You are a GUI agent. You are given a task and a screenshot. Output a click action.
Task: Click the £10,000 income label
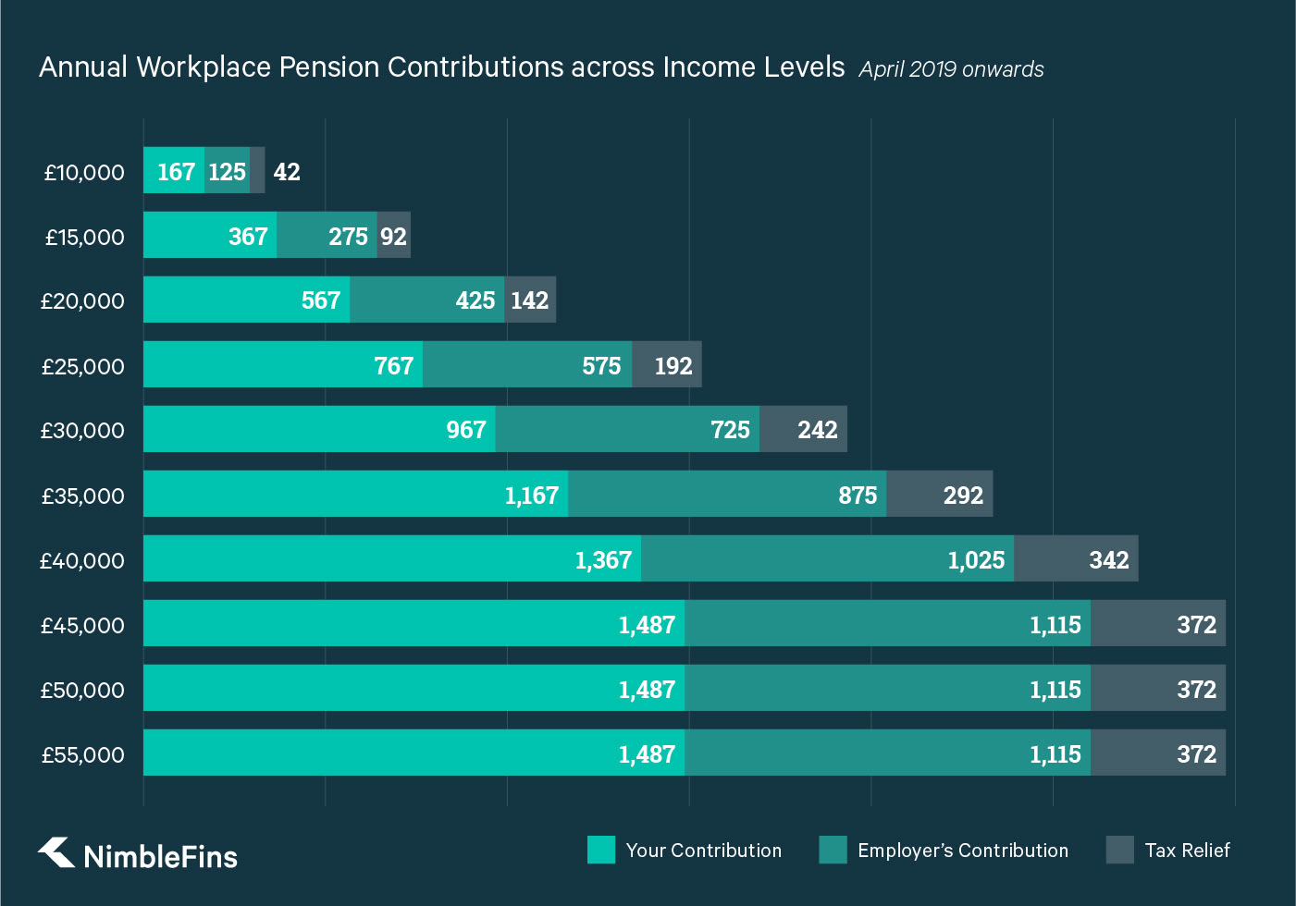pos(84,172)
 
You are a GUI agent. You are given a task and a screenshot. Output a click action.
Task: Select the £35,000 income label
pos(83,496)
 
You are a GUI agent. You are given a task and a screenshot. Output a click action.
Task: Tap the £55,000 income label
pos(83,754)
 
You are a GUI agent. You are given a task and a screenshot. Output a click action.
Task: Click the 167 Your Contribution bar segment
pos(174,171)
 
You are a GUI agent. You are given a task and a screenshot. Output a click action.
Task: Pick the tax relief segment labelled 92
pos(393,237)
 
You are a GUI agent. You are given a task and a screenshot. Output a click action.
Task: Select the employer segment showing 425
pos(427,300)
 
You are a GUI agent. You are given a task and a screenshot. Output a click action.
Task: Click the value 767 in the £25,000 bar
pos(393,366)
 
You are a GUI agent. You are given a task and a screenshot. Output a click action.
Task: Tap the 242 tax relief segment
pos(803,430)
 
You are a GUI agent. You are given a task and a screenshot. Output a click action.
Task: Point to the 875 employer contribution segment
pos(727,495)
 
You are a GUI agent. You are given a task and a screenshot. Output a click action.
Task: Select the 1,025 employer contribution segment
pos(827,559)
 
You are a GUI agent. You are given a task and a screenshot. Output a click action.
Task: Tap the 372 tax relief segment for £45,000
pos(1158,624)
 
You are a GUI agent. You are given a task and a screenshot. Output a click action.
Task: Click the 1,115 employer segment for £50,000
pos(887,689)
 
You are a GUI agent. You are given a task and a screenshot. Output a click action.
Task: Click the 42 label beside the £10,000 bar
pos(287,172)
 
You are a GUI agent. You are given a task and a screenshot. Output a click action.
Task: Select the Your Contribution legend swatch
pos(601,850)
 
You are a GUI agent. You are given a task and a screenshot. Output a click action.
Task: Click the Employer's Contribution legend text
pos(962,851)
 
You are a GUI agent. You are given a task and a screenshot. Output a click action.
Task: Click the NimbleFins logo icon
pos(56,852)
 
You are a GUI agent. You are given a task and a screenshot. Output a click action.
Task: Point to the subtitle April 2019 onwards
pos(951,69)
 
